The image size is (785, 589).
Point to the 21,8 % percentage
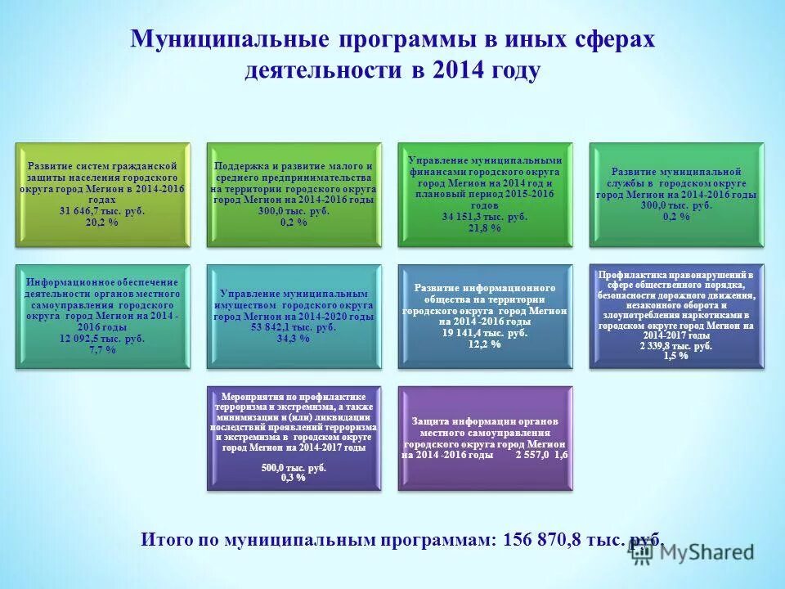coord(485,228)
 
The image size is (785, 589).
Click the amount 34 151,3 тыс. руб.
coord(485,218)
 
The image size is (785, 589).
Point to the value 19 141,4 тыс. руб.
coord(485,334)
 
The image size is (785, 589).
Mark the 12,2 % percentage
coord(485,344)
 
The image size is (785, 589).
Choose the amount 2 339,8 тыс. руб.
coord(676,346)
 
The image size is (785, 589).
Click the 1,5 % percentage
coord(676,356)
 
